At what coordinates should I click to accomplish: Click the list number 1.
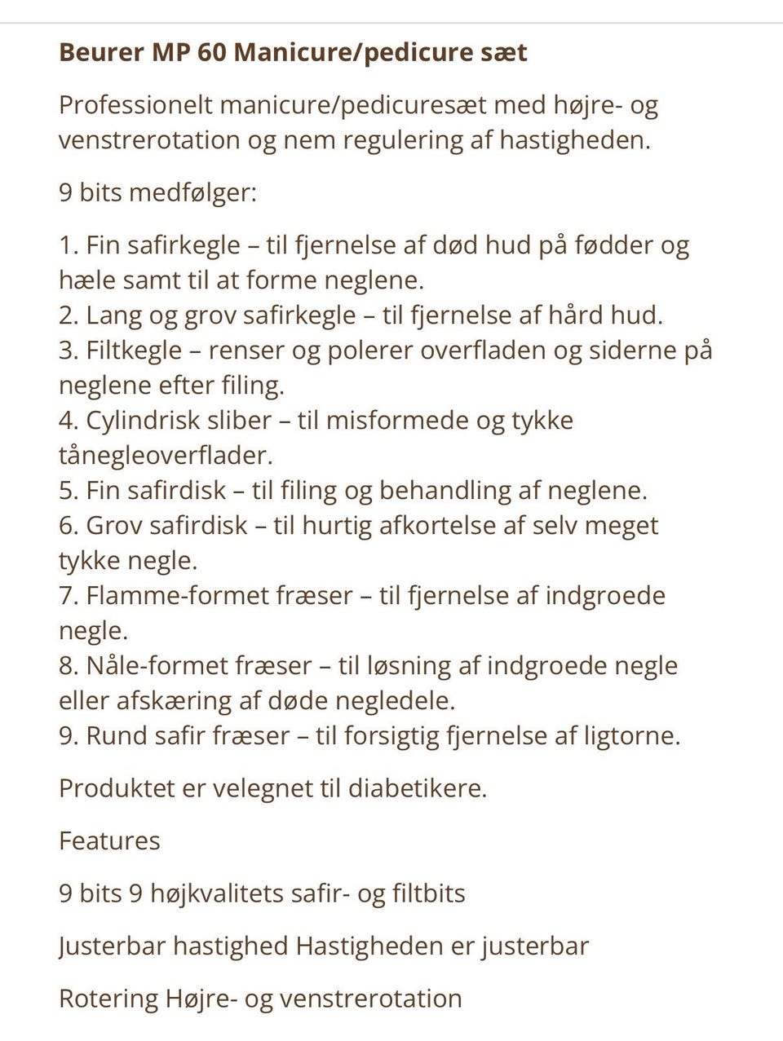point(68,245)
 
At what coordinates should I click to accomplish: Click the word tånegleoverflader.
point(165,456)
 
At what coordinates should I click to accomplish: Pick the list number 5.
point(68,491)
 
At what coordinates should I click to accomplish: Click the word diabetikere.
point(418,789)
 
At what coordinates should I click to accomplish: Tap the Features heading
point(109,841)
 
